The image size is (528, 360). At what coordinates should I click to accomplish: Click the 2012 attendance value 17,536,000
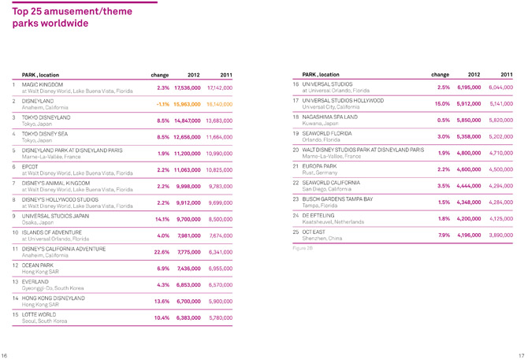(x=187, y=87)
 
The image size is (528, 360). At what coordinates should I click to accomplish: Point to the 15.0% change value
(x=438, y=104)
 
